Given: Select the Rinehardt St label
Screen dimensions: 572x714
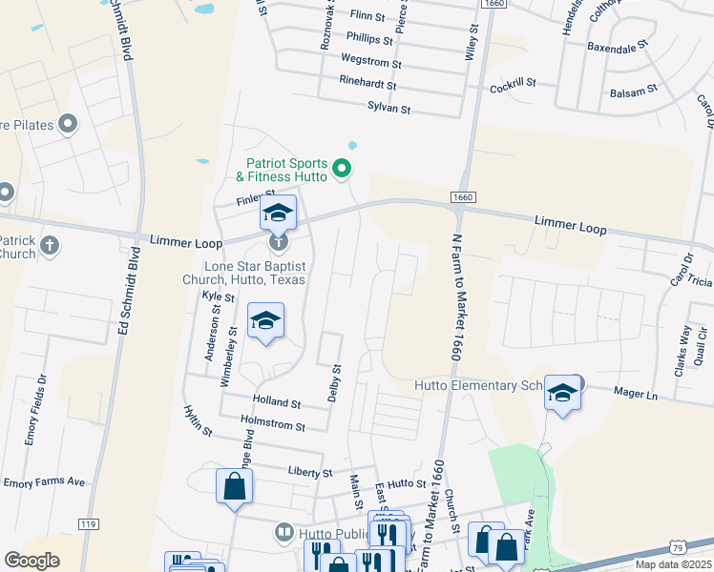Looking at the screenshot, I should [367, 84].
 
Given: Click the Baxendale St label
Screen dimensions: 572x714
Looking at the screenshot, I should [618, 45].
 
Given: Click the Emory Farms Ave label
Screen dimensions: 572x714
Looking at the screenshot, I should [45, 482].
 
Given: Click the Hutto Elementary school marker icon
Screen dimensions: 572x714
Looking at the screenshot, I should [562, 395].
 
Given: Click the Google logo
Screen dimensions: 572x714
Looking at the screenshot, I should [31, 561].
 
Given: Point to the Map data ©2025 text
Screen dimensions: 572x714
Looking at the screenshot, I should [672, 565].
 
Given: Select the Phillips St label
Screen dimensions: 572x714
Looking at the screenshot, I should [368, 41].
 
